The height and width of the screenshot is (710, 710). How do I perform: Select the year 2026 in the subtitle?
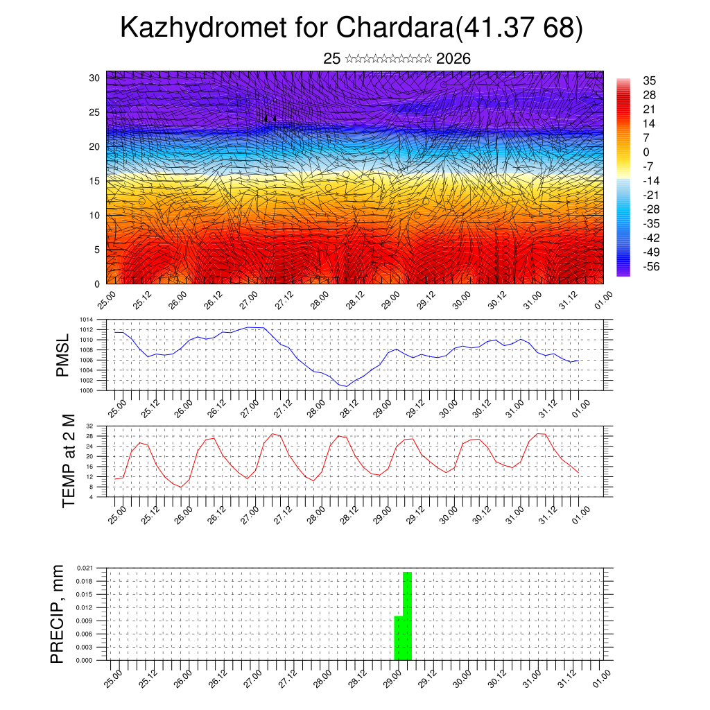(x=453, y=59)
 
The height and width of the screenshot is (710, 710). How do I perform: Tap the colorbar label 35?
(x=650, y=80)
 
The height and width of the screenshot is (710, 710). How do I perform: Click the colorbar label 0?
(x=646, y=152)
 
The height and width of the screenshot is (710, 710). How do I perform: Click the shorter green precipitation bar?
(x=398, y=638)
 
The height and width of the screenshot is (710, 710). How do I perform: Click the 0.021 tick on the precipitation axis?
(x=84, y=568)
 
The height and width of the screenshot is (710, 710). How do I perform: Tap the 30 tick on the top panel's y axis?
(x=94, y=78)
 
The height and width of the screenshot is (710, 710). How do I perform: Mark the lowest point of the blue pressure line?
(x=343, y=386)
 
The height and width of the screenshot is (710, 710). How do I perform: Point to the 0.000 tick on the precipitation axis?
(x=84, y=660)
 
